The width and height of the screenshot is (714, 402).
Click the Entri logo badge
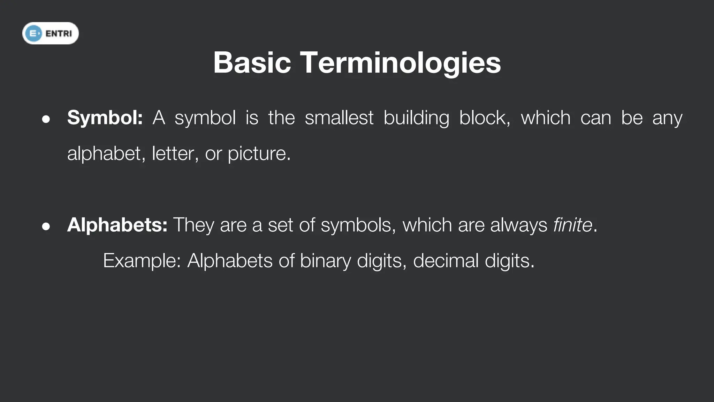coord(51,33)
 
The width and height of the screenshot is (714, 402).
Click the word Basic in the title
coord(252,63)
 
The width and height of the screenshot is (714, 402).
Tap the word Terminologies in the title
coord(400,63)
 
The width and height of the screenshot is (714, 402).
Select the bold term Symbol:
coord(105,118)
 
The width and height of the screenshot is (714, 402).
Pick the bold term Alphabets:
coord(117,225)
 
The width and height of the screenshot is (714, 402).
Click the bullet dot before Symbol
coord(46,119)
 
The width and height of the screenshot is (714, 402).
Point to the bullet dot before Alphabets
coord(46,226)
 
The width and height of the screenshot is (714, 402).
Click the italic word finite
coord(572,225)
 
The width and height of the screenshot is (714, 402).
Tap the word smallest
coord(339,118)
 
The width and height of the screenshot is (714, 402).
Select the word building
coord(416,118)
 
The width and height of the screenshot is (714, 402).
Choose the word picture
coord(259,154)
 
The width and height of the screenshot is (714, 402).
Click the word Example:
coord(142,261)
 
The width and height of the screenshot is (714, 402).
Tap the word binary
coord(325,261)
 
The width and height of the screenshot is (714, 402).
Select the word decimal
coord(446,261)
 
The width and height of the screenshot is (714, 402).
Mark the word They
coord(193,225)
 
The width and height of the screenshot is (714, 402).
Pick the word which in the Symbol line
coord(546,118)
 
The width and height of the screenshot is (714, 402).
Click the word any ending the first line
coord(667,118)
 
